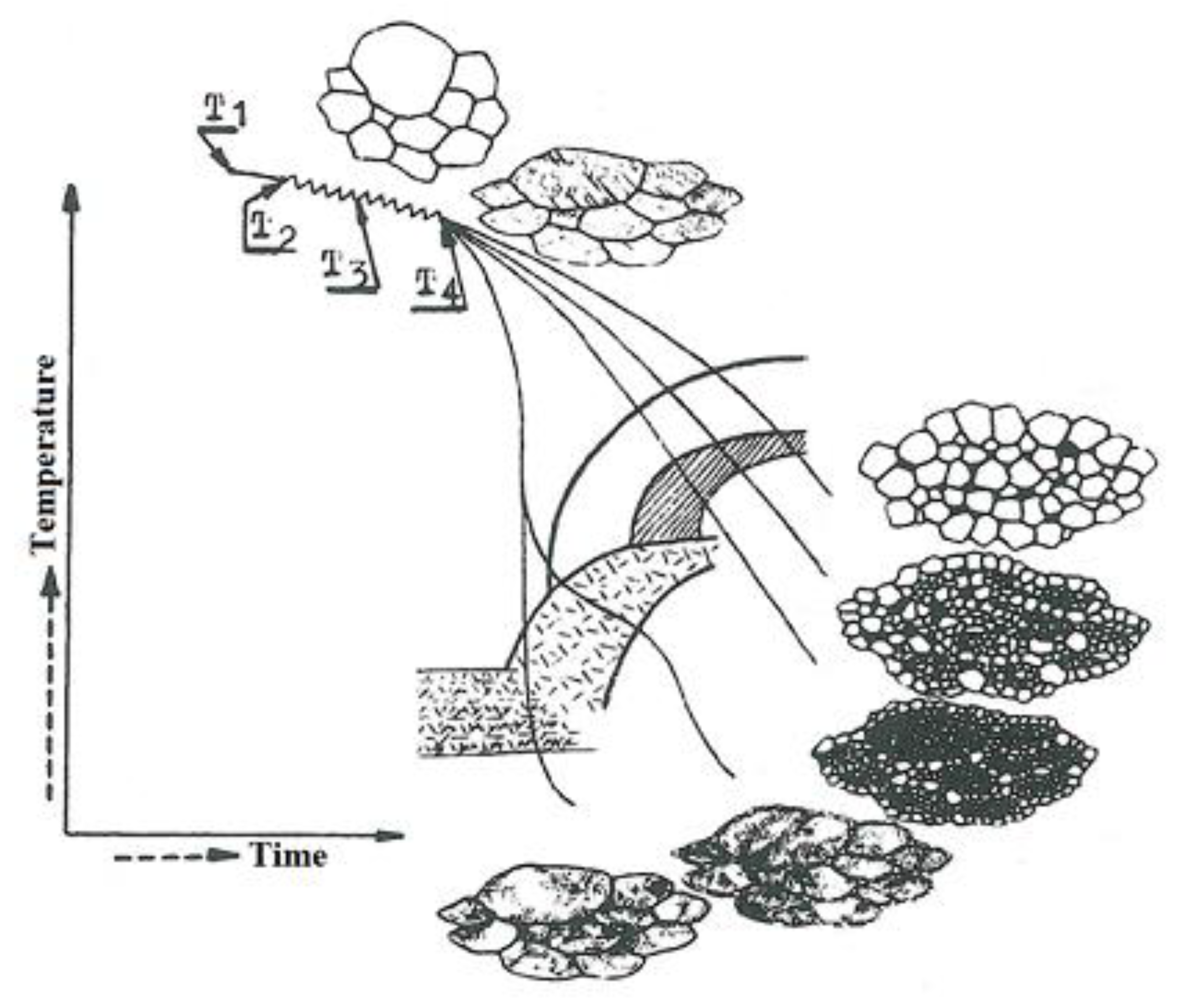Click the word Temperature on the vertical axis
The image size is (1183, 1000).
[x=44, y=454]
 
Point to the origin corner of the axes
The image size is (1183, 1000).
[x=67, y=834]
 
